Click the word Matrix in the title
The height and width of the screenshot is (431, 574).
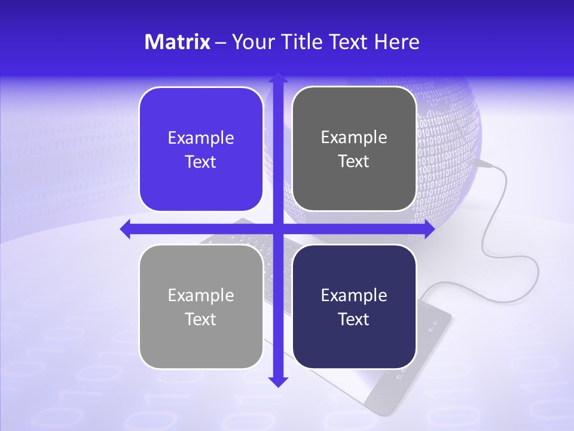tap(177, 42)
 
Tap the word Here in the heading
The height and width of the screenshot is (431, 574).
tap(397, 42)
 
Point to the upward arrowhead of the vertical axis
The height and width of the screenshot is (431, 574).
tap(277, 78)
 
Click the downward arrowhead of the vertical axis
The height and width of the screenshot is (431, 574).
tap(277, 381)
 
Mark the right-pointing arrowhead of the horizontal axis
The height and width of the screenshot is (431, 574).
tap(429, 229)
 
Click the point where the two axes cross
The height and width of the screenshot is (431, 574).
tap(277, 229)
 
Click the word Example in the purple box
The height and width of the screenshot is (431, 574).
tap(201, 138)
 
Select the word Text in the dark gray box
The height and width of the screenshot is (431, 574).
tap(354, 162)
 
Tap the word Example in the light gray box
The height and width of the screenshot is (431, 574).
tap(201, 295)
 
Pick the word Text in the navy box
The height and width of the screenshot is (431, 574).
tap(354, 319)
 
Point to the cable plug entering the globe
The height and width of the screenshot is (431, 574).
tap(482, 162)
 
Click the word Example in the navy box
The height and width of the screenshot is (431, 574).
tap(354, 295)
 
